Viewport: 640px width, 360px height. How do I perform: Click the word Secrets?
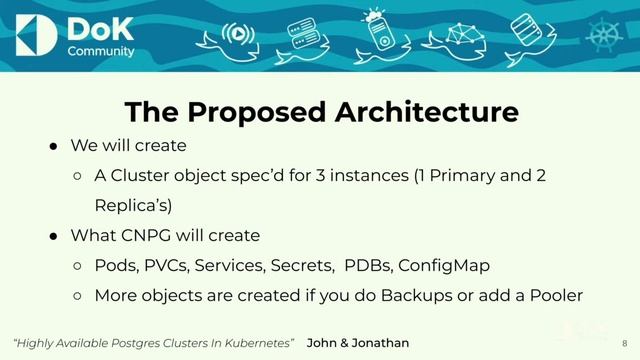click(x=304, y=266)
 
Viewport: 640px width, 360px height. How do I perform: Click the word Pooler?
click(x=556, y=296)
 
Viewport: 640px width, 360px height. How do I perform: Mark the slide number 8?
click(x=623, y=343)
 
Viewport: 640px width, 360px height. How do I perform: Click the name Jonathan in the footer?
click(x=375, y=343)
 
